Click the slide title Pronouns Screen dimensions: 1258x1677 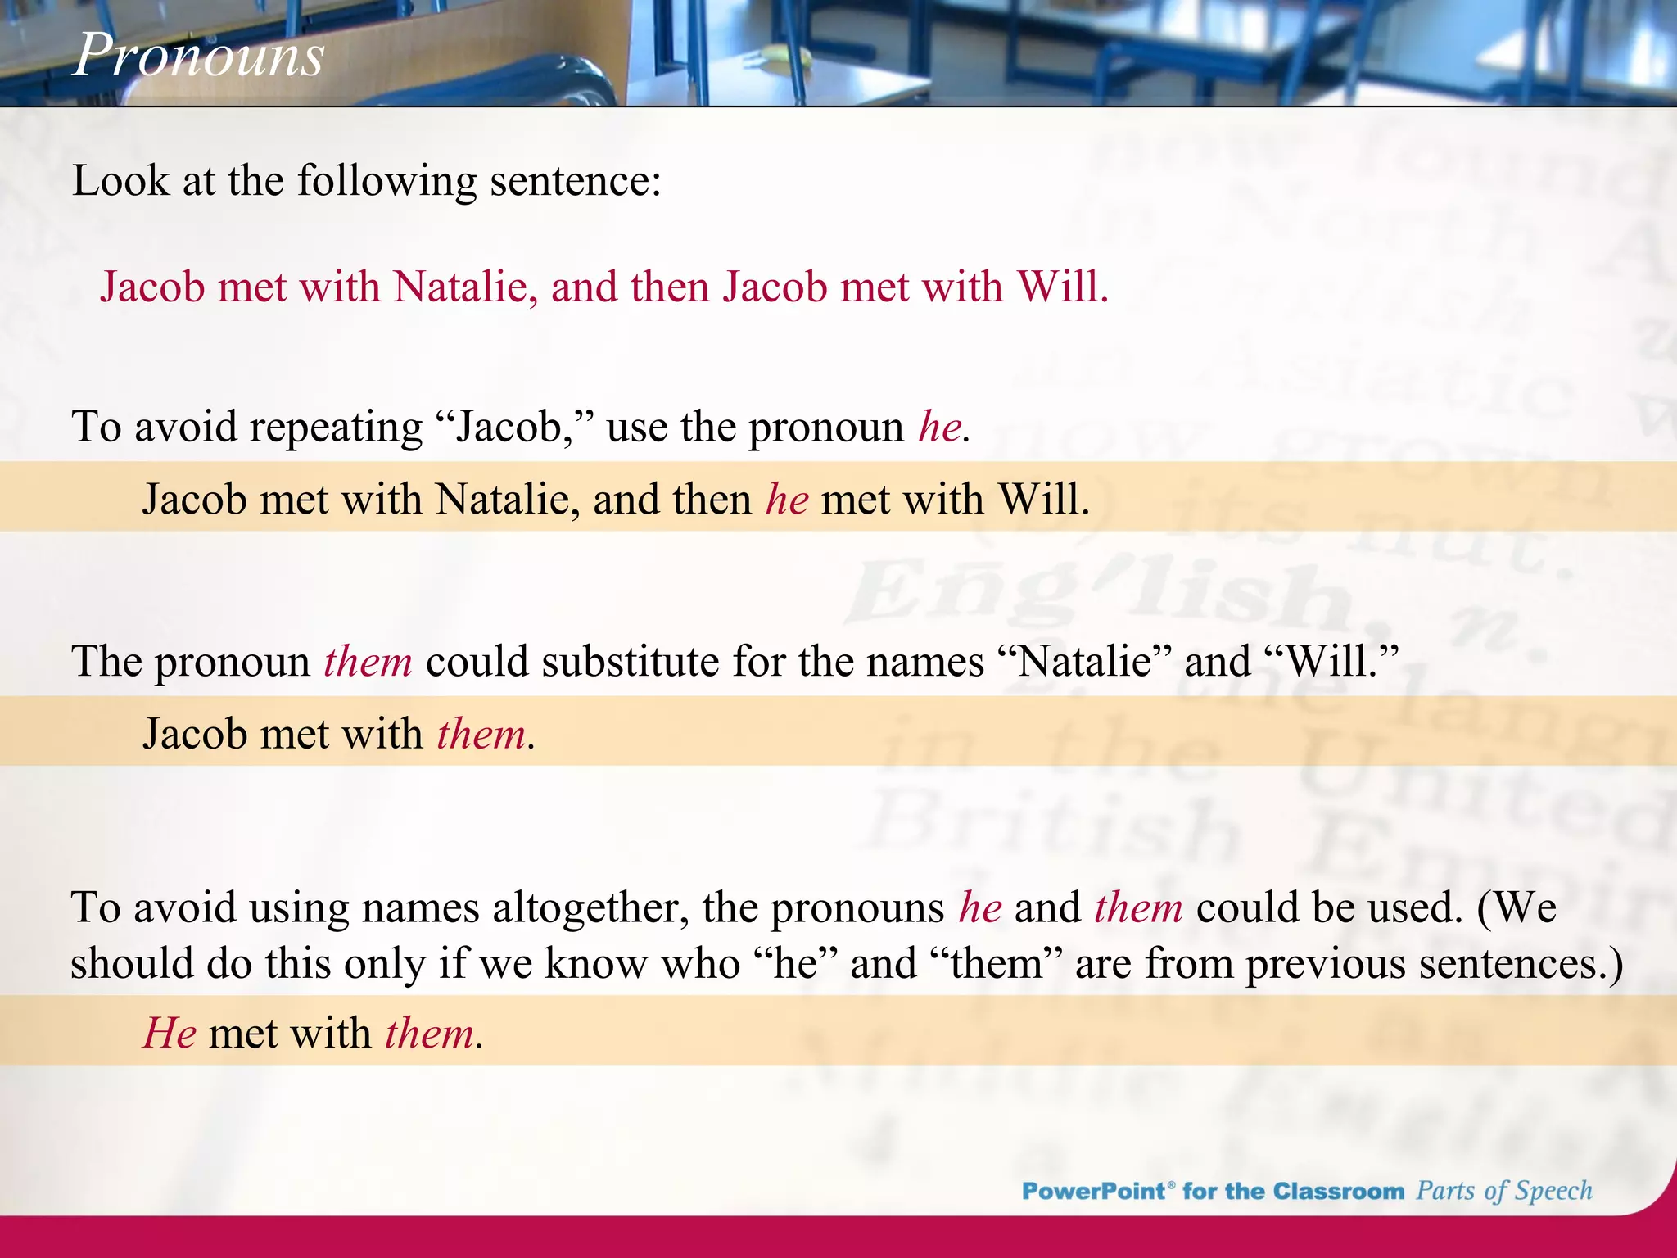pos(198,56)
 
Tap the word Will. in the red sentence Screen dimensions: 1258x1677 pos(1062,287)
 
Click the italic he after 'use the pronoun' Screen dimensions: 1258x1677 pos(939,428)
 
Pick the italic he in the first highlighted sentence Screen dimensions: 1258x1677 pos(787,500)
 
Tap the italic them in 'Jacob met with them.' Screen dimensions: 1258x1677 pos(481,734)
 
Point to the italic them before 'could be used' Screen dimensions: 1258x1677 pos(1138,908)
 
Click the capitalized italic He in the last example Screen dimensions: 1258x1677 pos(170,1034)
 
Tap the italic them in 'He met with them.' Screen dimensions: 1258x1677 pos(429,1034)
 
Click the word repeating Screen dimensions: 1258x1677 pos(336,428)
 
